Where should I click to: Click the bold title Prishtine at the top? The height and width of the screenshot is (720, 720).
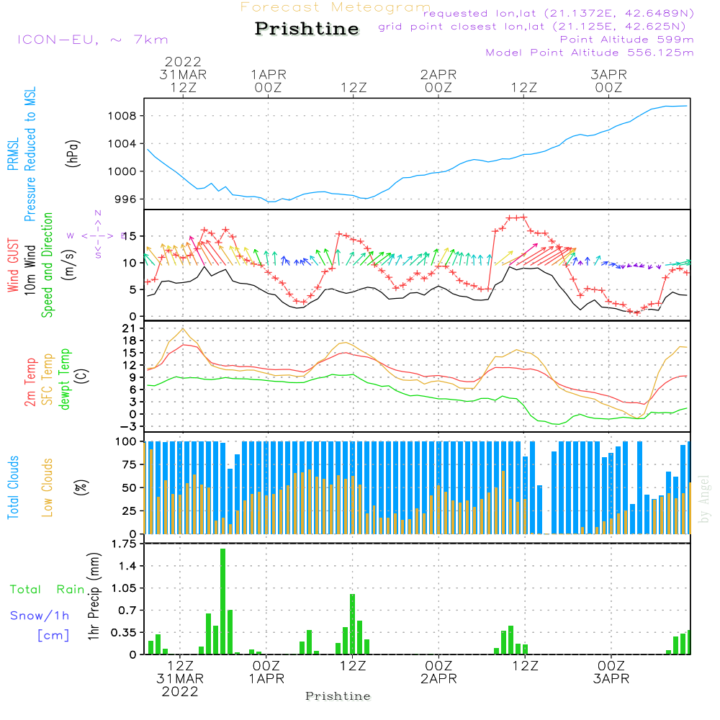pyautogui.click(x=307, y=29)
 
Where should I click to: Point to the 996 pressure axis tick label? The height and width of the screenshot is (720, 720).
pyautogui.click(x=127, y=199)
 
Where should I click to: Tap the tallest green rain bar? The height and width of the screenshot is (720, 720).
pyautogui.click(x=223, y=601)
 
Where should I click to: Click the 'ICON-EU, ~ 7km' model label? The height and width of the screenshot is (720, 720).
pyautogui.click(x=92, y=40)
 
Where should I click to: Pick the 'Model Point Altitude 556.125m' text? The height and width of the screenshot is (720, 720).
pyautogui.click(x=590, y=53)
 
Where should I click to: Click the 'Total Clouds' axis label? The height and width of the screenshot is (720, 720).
pyautogui.click(x=13, y=487)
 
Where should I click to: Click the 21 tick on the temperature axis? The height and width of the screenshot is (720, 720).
pyautogui.click(x=130, y=328)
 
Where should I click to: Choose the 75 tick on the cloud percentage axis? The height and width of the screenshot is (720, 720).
pyautogui.click(x=130, y=464)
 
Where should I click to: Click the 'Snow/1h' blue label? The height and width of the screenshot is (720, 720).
pyautogui.click(x=40, y=616)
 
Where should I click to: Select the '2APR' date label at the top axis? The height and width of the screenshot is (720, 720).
pyautogui.click(x=438, y=74)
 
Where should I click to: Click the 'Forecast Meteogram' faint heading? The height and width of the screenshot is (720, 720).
pyautogui.click(x=336, y=7)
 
